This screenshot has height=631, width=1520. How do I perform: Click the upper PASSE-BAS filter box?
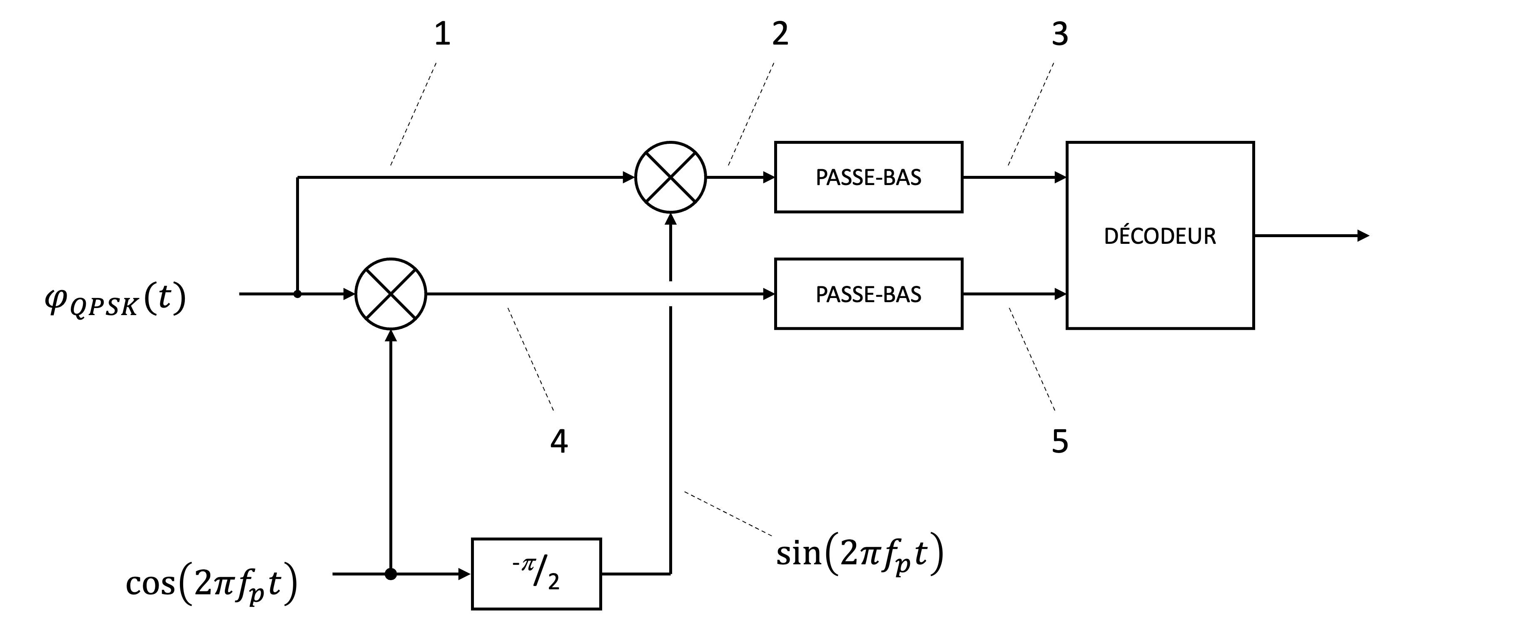tap(868, 177)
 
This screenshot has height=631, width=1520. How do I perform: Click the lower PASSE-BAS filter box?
tap(868, 294)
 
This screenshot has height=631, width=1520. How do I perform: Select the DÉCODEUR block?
tap(1159, 235)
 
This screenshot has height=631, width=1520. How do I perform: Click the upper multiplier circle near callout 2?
tap(670, 177)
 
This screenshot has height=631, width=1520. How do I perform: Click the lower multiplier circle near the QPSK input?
tap(391, 294)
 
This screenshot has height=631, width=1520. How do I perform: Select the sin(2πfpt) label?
tap(859, 555)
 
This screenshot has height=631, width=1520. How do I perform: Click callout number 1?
tap(442, 34)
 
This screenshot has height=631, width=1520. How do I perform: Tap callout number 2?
tap(780, 34)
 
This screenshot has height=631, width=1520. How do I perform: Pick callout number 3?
tap(1060, 34)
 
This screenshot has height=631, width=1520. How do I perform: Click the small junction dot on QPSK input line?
tap(297, 294)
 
